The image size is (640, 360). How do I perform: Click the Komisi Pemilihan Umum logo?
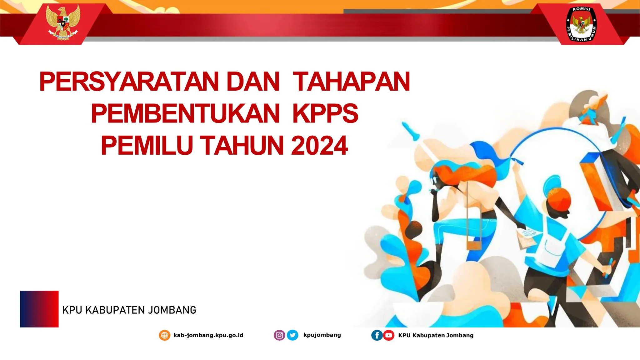(581, 24)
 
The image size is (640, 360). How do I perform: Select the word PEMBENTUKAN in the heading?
(185, 113)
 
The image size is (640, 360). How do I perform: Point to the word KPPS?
(325, 113)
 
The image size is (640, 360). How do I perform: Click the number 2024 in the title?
(319, 146)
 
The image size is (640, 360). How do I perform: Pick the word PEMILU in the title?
(147, 146)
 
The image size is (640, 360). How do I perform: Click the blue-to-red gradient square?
(39, 309)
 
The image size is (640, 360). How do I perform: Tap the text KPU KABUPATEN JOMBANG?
(129, 310)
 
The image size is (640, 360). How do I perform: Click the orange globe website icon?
(165, 335)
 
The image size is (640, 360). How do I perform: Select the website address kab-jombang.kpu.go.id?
(208, 335)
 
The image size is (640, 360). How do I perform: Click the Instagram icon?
(279, 335)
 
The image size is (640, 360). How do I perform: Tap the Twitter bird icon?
(292, 335)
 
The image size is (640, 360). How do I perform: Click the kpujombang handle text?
(322, 335)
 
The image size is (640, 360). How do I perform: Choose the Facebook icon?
(377, 335)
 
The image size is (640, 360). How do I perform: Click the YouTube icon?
(388, 335)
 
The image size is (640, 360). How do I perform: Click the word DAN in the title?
(253, 82)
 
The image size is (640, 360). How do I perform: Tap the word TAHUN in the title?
(242, 146)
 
